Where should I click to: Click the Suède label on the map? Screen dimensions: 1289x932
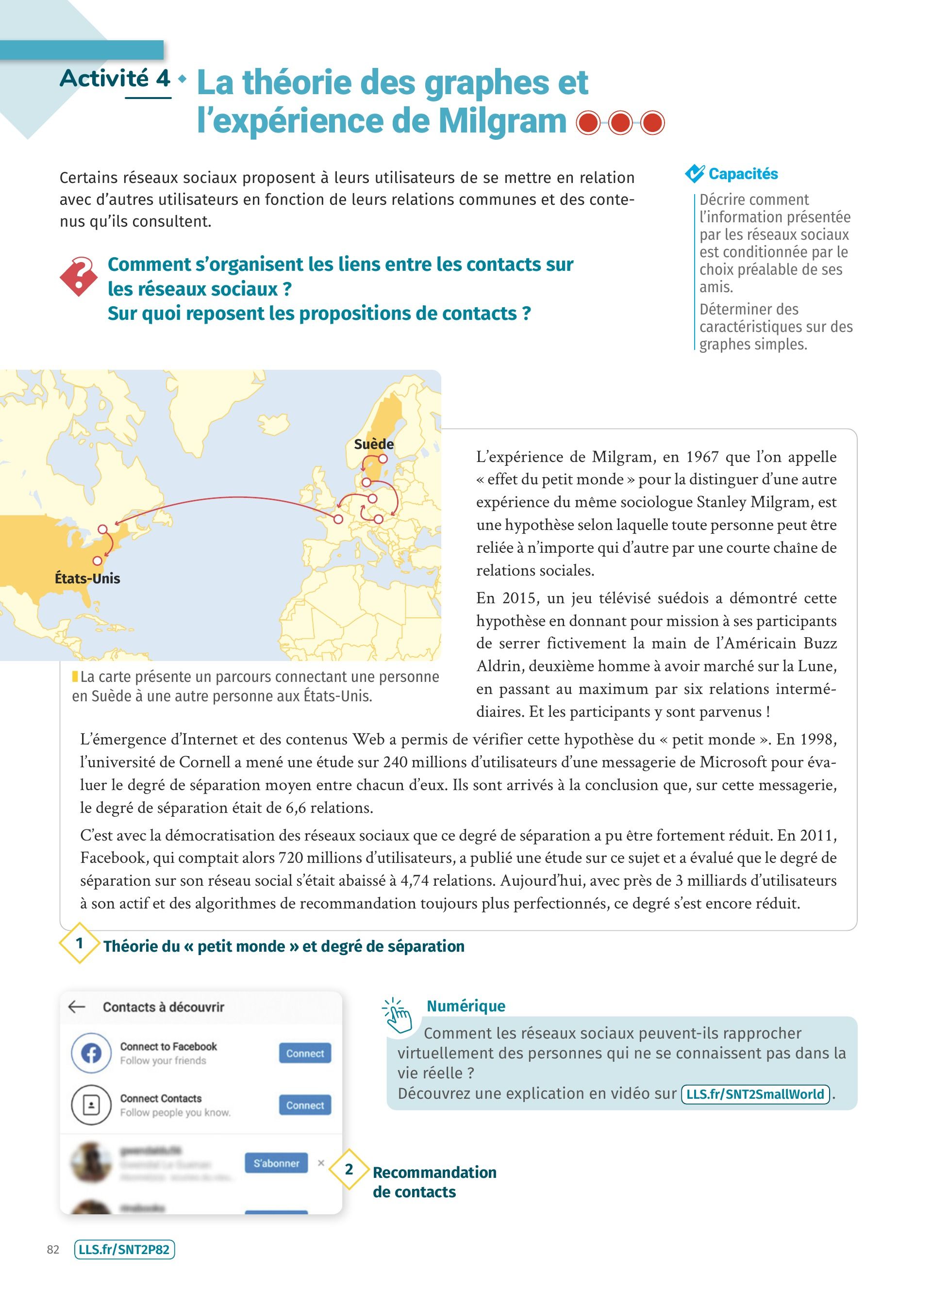(373, 444)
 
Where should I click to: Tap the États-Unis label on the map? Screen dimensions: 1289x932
(87, 578)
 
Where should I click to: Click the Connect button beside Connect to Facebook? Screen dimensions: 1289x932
(305, 1053)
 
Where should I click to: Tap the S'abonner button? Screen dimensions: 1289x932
(276, 1163)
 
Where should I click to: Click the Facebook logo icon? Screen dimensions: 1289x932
(91, 1053)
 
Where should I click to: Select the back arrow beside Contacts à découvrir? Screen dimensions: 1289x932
(77, 1007)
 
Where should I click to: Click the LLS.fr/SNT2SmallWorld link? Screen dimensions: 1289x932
(755, 1094)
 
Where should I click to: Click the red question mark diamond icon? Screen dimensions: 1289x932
(79, 276)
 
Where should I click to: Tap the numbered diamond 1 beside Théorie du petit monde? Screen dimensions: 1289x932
(80, 943)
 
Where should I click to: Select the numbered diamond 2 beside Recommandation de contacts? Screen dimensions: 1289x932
(349, 1169)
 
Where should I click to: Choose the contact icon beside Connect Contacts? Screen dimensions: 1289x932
(91, 1105)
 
